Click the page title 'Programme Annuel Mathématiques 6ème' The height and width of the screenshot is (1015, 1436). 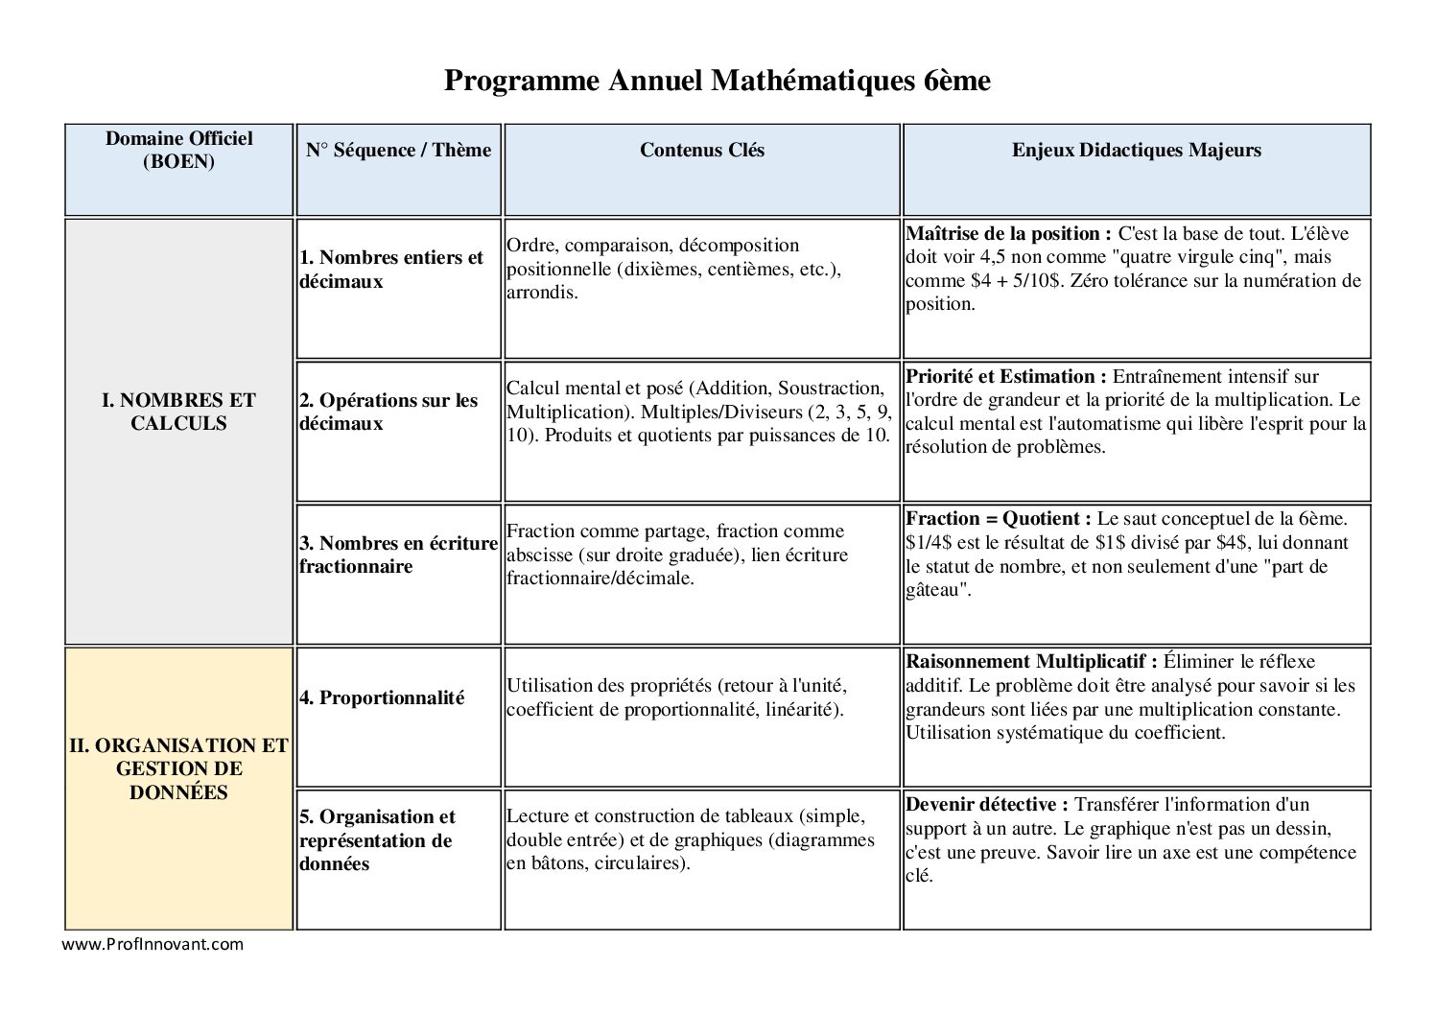point(717,81)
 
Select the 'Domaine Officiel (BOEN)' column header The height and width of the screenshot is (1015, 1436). point(178,151)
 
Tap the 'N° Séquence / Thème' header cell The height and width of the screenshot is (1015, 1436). point(398,151)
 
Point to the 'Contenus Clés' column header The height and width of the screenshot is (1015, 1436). point(702,151)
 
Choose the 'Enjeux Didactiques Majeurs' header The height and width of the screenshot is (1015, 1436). point(1136,151)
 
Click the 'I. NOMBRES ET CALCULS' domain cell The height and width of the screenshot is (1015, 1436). point(178,413)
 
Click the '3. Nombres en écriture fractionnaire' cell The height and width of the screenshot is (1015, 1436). point(398,555)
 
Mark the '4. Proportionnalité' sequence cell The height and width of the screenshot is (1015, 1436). point(382,698)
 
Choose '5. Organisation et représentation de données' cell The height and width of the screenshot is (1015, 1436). point(377,840)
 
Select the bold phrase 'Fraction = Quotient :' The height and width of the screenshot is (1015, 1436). point(999,519)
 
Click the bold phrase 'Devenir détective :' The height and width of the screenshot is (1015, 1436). point(987,805)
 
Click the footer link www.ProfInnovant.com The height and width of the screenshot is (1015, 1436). point(153,944)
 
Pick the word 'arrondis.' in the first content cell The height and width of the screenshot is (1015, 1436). point(542,293)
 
